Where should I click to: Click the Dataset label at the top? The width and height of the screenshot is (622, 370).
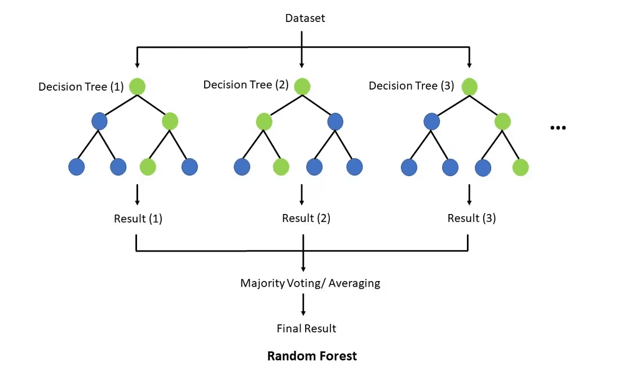(x=305, y=18)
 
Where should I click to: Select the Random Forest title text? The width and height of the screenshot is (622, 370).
(x=312, y=356)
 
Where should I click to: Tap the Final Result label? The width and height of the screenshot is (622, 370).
(x=306, y=328)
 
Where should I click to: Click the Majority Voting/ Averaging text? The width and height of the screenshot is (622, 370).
(x=310, y=283)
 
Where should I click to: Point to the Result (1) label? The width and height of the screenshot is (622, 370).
(x=138, y=219)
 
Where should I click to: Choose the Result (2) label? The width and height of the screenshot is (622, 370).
(x=306, y=218)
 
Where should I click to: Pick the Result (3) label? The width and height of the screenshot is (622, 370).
(x=471, y=218)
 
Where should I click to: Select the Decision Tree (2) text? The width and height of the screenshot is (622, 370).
(x=246, y=84)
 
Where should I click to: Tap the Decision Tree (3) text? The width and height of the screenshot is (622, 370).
(x=412, y=86)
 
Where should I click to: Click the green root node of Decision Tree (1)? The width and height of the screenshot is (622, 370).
(x=138, y=86)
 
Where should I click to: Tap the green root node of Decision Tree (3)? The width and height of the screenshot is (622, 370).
(x=469, y=86)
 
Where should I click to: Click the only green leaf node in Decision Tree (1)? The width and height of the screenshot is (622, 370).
(x=148, y=167)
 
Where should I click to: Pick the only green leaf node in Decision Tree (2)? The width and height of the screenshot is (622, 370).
(x=281, y=167)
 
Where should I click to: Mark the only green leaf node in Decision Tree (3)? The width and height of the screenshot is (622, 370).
(x=520, y=167)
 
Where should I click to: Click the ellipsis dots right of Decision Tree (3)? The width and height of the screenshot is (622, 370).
(x=557, y=128)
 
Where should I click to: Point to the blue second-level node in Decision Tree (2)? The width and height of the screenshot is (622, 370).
(x=335, y=121)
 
